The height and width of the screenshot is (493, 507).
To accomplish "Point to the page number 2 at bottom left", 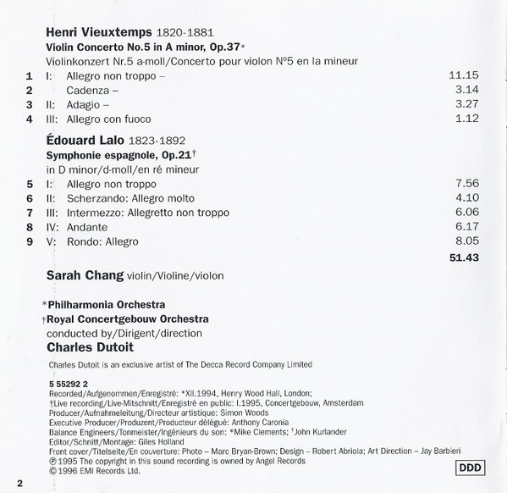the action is point(18,483).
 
